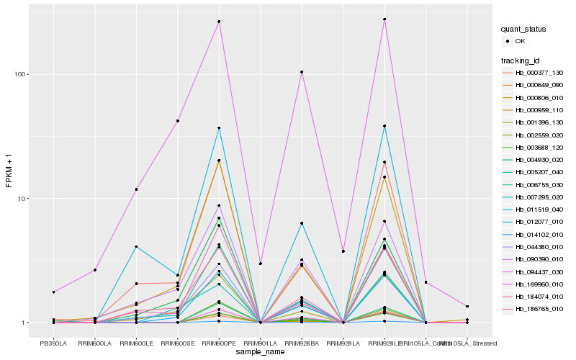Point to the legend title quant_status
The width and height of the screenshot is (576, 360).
[523, 29]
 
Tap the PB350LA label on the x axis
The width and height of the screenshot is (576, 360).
[53, 343]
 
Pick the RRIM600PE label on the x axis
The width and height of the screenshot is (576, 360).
[219, 343]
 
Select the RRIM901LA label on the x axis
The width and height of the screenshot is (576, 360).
[260, 343]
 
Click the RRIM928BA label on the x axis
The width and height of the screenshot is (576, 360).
[302, 343]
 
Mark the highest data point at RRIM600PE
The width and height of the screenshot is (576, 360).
[219, 22]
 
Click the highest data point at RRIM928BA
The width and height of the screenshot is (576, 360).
[302, 72]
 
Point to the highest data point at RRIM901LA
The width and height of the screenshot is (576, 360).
[260, 264]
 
